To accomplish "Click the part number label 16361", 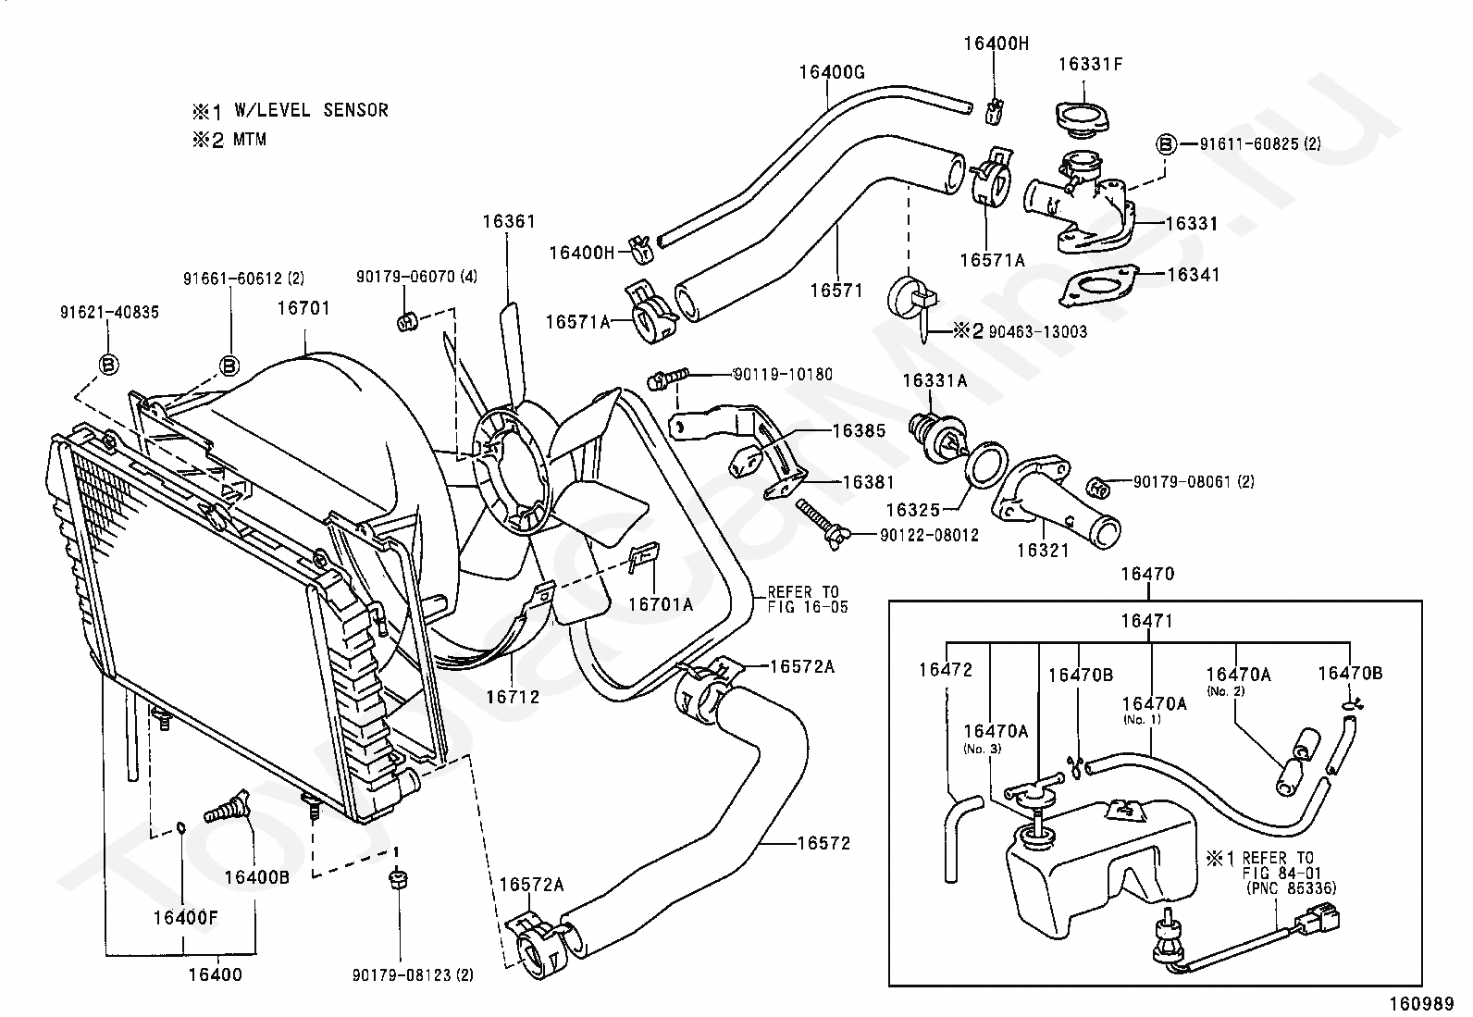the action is tap(509, 222).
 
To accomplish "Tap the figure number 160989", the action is tap(1422, 1004).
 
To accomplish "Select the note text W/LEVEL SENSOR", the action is tap(311, 110).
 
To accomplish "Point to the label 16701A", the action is tap(661, 604).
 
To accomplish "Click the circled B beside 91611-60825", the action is tap(1166, 143).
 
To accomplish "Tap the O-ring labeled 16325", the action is tap(986, 465).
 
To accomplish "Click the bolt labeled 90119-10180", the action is tap(667, 378).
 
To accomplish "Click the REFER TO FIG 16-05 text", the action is tap(808, 600).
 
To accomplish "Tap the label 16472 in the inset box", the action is tap(946, 670).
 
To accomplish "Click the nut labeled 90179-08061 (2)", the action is tap(1099, 488).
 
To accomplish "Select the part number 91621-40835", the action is tap(110, 313).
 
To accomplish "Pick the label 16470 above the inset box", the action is tap(1147, 574).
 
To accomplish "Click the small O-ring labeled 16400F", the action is tap(181, 827).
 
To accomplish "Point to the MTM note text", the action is tap(249, 140).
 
